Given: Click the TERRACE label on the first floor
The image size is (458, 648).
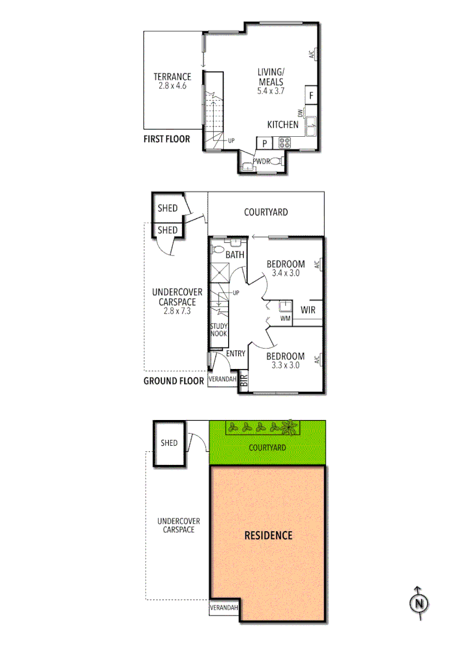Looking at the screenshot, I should [x=172, y=77].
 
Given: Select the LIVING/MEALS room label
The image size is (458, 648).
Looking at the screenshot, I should [x=271, y=77].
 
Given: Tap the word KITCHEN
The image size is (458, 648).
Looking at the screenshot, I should [x=283, y=125].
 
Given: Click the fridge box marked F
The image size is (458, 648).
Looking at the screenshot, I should [x=311, y=95].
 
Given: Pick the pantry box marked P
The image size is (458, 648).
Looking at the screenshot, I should [x=264, y=143].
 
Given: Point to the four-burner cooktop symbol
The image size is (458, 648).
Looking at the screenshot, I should [x=283, y=143].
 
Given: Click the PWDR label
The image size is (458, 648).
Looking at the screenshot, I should [x=261, y=161].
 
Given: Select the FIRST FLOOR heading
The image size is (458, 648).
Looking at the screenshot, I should [x=166, y=139].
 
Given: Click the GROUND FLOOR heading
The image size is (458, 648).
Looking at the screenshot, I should [x=173, y=380].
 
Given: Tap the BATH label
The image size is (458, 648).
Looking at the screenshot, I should [x=235, y=255].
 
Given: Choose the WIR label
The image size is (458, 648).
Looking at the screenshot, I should [x=308, y=310].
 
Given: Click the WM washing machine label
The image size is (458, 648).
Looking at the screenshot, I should [x=285, y=319].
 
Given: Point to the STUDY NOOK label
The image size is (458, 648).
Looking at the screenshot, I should [x=218, y=330].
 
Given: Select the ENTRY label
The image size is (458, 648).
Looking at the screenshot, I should [x=235, y=353].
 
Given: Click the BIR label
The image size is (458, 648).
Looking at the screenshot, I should [x=243, y=380].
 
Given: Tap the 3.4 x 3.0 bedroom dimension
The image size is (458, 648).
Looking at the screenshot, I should [x=286, y=273].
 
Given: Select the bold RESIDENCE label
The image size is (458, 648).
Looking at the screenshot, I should [x=268, y=535].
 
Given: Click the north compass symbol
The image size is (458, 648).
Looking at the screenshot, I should [x=418, y=602].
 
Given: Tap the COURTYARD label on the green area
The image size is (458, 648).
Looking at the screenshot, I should [x=268, y=448].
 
